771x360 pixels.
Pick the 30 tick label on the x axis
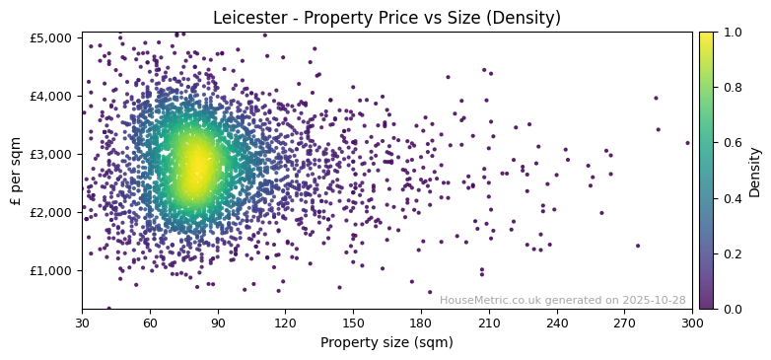[82, 323]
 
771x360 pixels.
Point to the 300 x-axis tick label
[693, 323]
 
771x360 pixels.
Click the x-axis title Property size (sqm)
[387, 342]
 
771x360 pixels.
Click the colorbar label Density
[755, 170]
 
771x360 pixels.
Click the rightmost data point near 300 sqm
[688, 143]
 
